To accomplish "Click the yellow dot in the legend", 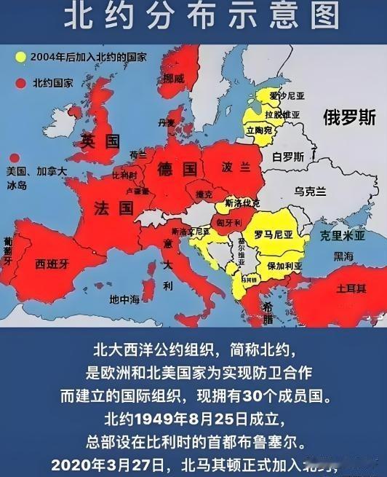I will coord(23,55).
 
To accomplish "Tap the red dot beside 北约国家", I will coord(23,82).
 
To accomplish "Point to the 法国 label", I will coord(114,208).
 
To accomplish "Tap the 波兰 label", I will coord(232,167).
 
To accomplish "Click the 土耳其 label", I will coord(351,289).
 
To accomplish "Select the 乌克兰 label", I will coord(312,191).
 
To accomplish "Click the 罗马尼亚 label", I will coord(273,234).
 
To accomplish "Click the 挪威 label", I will coord(174,78).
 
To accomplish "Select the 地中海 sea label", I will coord(124,299).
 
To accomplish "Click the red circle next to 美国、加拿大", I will coord(15,157).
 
